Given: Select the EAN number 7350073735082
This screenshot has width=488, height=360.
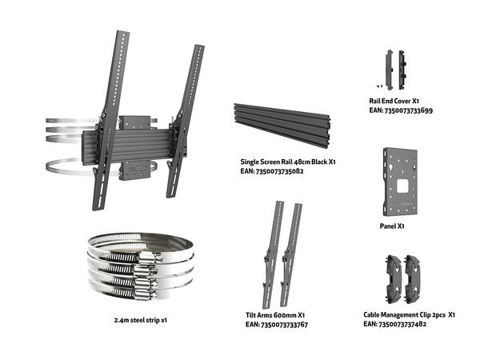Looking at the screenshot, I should click(x=273, y=171).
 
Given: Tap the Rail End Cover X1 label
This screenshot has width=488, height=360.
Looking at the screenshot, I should click(x=395, y=102).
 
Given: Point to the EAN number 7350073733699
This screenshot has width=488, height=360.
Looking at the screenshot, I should click(x=402, y=111).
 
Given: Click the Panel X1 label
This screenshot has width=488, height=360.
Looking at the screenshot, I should click(x=392, y=226).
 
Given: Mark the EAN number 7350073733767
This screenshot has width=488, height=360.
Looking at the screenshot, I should click(x=277, y=326).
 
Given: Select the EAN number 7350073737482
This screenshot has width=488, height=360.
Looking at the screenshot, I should click(x=394, y=325).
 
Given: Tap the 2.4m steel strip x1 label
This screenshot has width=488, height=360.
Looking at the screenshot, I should click(x=141, y=320).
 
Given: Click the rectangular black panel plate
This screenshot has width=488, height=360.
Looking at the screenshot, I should click(x=402, y=182).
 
